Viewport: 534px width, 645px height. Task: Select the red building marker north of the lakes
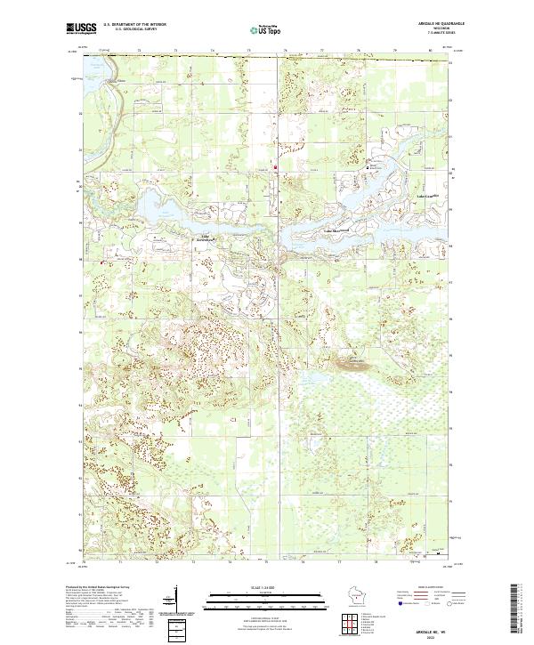coord(275,166)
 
